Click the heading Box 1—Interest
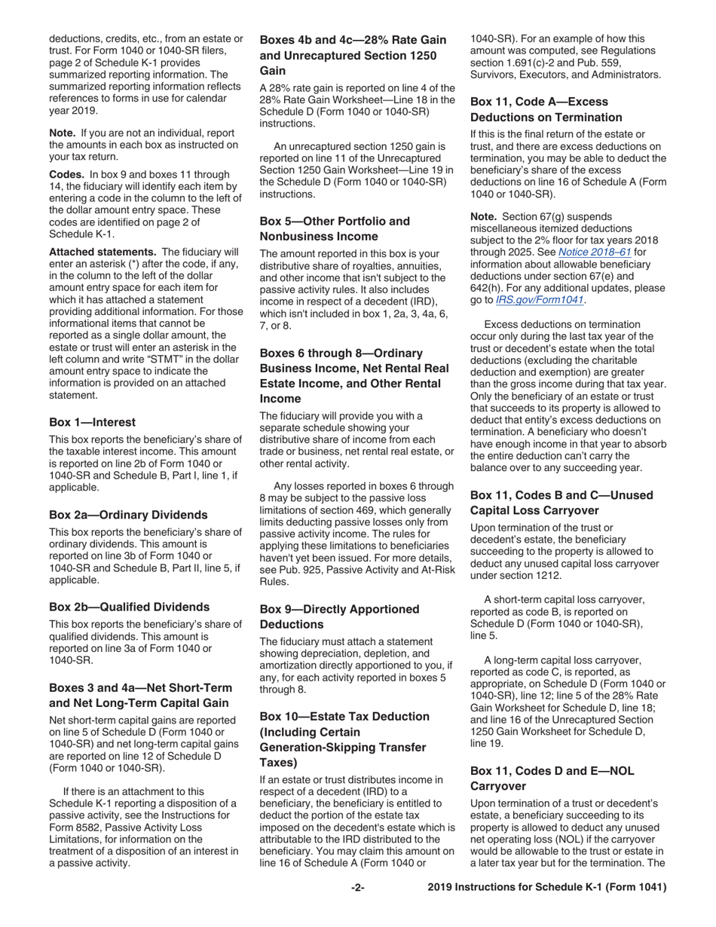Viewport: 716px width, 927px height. (92, 422)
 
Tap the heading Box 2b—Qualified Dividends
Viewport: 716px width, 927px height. (129, 607)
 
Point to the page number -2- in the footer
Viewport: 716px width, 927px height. (358, 888)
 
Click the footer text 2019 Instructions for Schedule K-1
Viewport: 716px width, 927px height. (546, 888)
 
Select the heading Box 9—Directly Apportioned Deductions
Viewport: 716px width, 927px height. (339, 616)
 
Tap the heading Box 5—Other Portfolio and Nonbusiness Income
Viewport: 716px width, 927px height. (335, 228)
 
